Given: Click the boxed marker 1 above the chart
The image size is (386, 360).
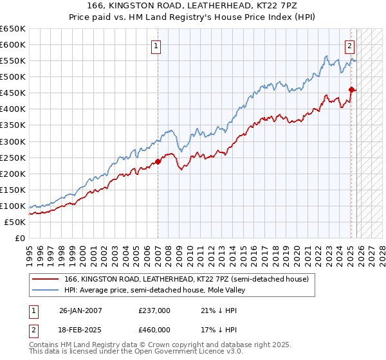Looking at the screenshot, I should click(156, 46).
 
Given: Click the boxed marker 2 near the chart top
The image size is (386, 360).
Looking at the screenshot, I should click(349, 46).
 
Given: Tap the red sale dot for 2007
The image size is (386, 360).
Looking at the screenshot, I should click(158, 161).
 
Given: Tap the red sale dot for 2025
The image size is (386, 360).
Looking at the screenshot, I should click(351, 89).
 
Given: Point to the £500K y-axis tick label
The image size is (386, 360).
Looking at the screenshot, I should click(13, 77).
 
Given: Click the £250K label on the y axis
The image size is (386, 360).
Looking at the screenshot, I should click(13, 157).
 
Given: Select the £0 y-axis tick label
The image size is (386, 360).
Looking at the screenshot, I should click(19, 239).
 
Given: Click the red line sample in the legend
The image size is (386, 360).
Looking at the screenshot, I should click(45, 280).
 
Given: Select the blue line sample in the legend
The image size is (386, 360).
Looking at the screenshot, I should click(45, 291).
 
